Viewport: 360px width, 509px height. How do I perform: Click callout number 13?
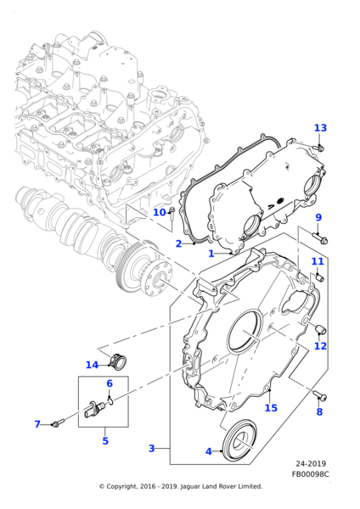[x=320, y=128]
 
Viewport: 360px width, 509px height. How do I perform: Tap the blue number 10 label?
[x=160, y=212]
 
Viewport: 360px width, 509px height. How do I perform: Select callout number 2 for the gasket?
[x=178, y=243]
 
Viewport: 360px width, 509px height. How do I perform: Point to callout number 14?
[x=92, y=365]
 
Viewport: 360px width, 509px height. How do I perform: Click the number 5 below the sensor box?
[x=105, y=441]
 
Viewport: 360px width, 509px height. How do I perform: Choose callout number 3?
[x=151, y=448]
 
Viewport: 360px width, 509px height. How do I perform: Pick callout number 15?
[x=271, y=408]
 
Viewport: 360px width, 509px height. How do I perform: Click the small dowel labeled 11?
[x=319, y=277]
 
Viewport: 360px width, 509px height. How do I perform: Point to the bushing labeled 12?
[x=321, y=329]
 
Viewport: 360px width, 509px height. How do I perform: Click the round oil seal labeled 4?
[x=239, y=440]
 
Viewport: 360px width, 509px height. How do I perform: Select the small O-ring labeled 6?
[x=110, y=402]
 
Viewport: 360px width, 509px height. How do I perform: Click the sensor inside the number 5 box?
[x=95, y=409]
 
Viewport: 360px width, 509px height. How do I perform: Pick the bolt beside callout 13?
[x=319, y=148]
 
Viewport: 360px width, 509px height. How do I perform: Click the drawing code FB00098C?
[x=310, y=474]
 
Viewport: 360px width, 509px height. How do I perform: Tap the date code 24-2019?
[x=311, y=463]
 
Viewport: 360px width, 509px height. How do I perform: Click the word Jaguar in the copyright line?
[x=190, y=487]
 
